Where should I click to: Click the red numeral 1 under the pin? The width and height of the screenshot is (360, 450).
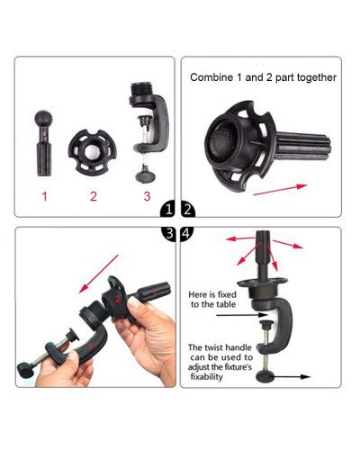pos(43,194)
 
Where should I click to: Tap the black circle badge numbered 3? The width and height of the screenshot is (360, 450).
pos(169,234)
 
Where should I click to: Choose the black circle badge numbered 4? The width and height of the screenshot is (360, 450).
pos(188,234)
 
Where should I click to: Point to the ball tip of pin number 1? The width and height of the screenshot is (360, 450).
pos(43,118)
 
